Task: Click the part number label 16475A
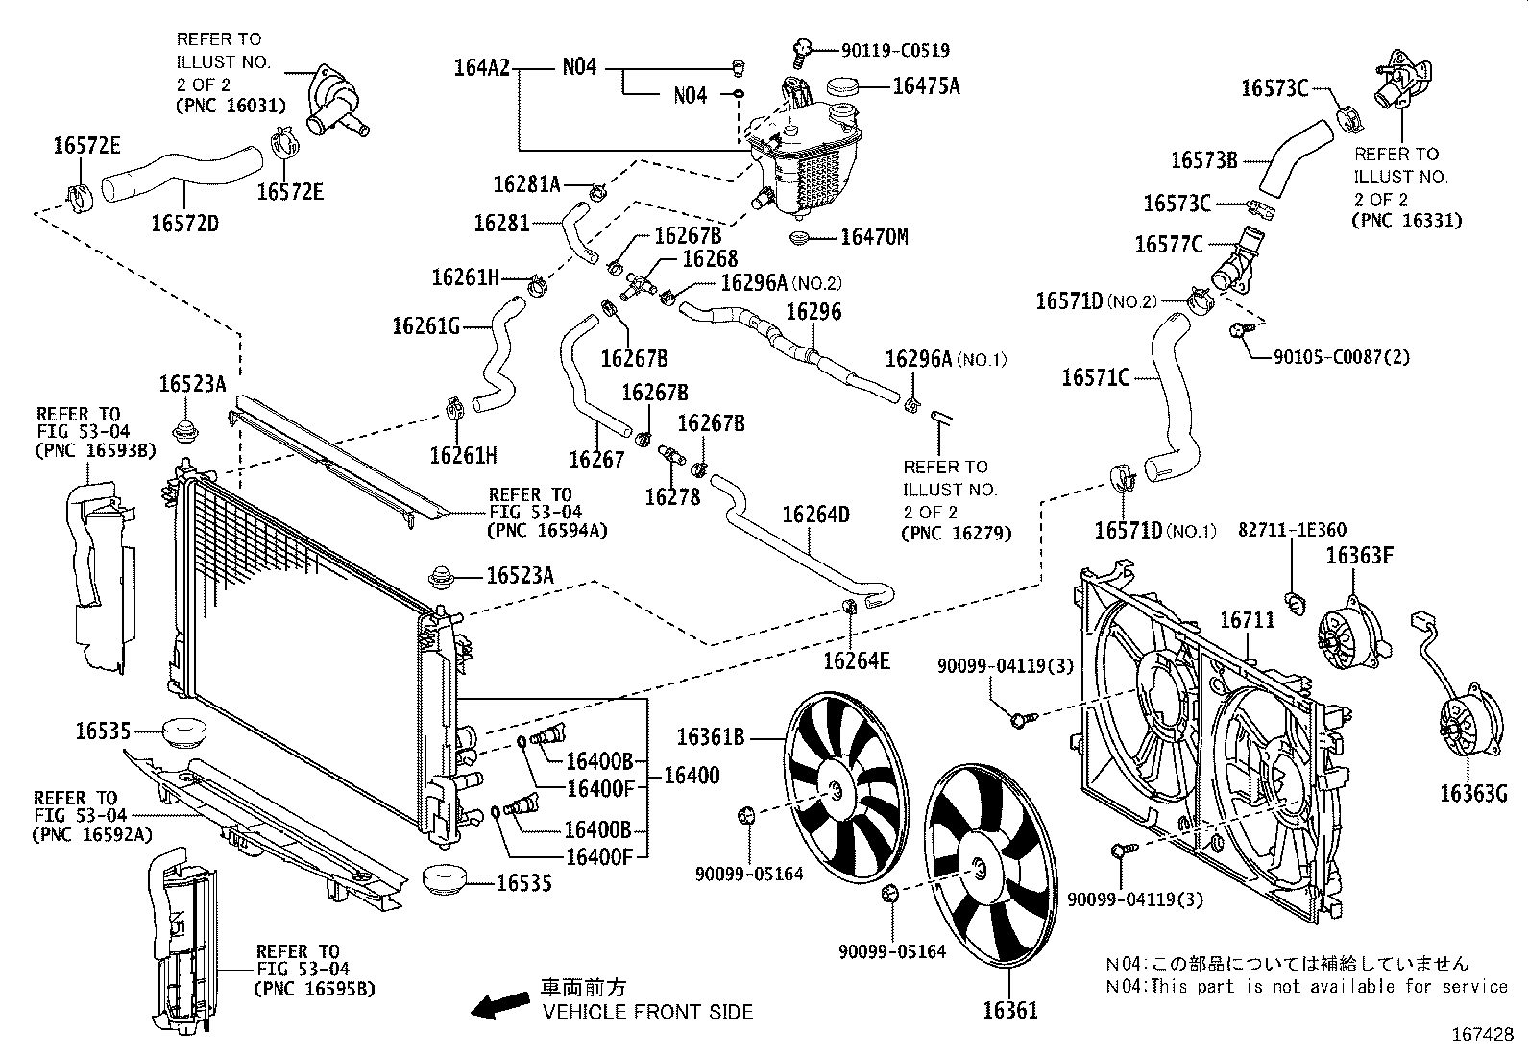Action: [926, 85]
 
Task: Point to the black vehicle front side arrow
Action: [500, 1005]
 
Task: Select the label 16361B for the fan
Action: [711, 737]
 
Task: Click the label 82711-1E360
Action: [1291, 530]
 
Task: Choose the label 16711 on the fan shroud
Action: [1248, 620]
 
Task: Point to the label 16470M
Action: [874, 236]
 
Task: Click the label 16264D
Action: [815, 515]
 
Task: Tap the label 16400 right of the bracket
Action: [692, 776]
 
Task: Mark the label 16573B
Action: [1203, 160]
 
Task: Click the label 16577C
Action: [1168, 245]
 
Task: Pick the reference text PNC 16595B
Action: [314, 988]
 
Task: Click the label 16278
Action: [672, 496]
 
